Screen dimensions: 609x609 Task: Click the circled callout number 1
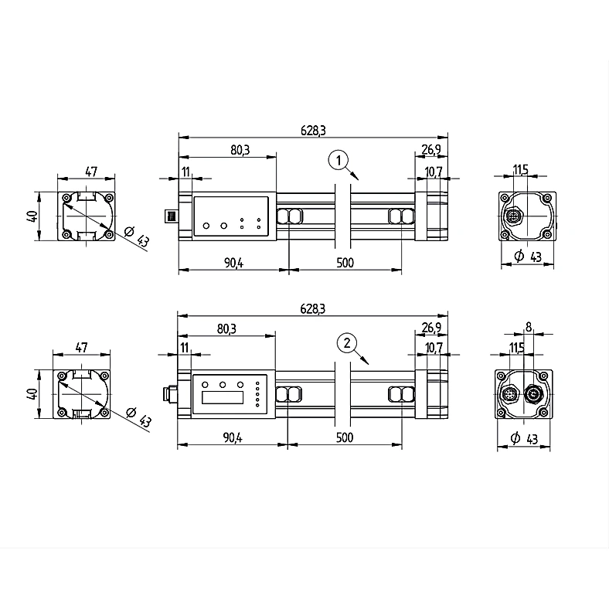click(x=339, y=160)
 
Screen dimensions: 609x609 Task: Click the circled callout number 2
click(x=347, y=342)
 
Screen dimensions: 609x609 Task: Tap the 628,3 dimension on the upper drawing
click(x=313, y=131)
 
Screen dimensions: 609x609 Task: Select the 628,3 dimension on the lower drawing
click(x=313, y=309)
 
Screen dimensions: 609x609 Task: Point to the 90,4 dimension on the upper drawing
click(x=234, y=263)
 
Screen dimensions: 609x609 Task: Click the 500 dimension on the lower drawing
click(x=345, y=437)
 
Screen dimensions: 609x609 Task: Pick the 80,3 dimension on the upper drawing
click(x=240, y=150)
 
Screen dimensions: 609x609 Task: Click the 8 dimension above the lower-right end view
click(x=528, y=327)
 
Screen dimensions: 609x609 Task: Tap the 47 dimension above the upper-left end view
click(x=91, y=172)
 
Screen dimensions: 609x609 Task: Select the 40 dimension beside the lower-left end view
click(x=32, y=394)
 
